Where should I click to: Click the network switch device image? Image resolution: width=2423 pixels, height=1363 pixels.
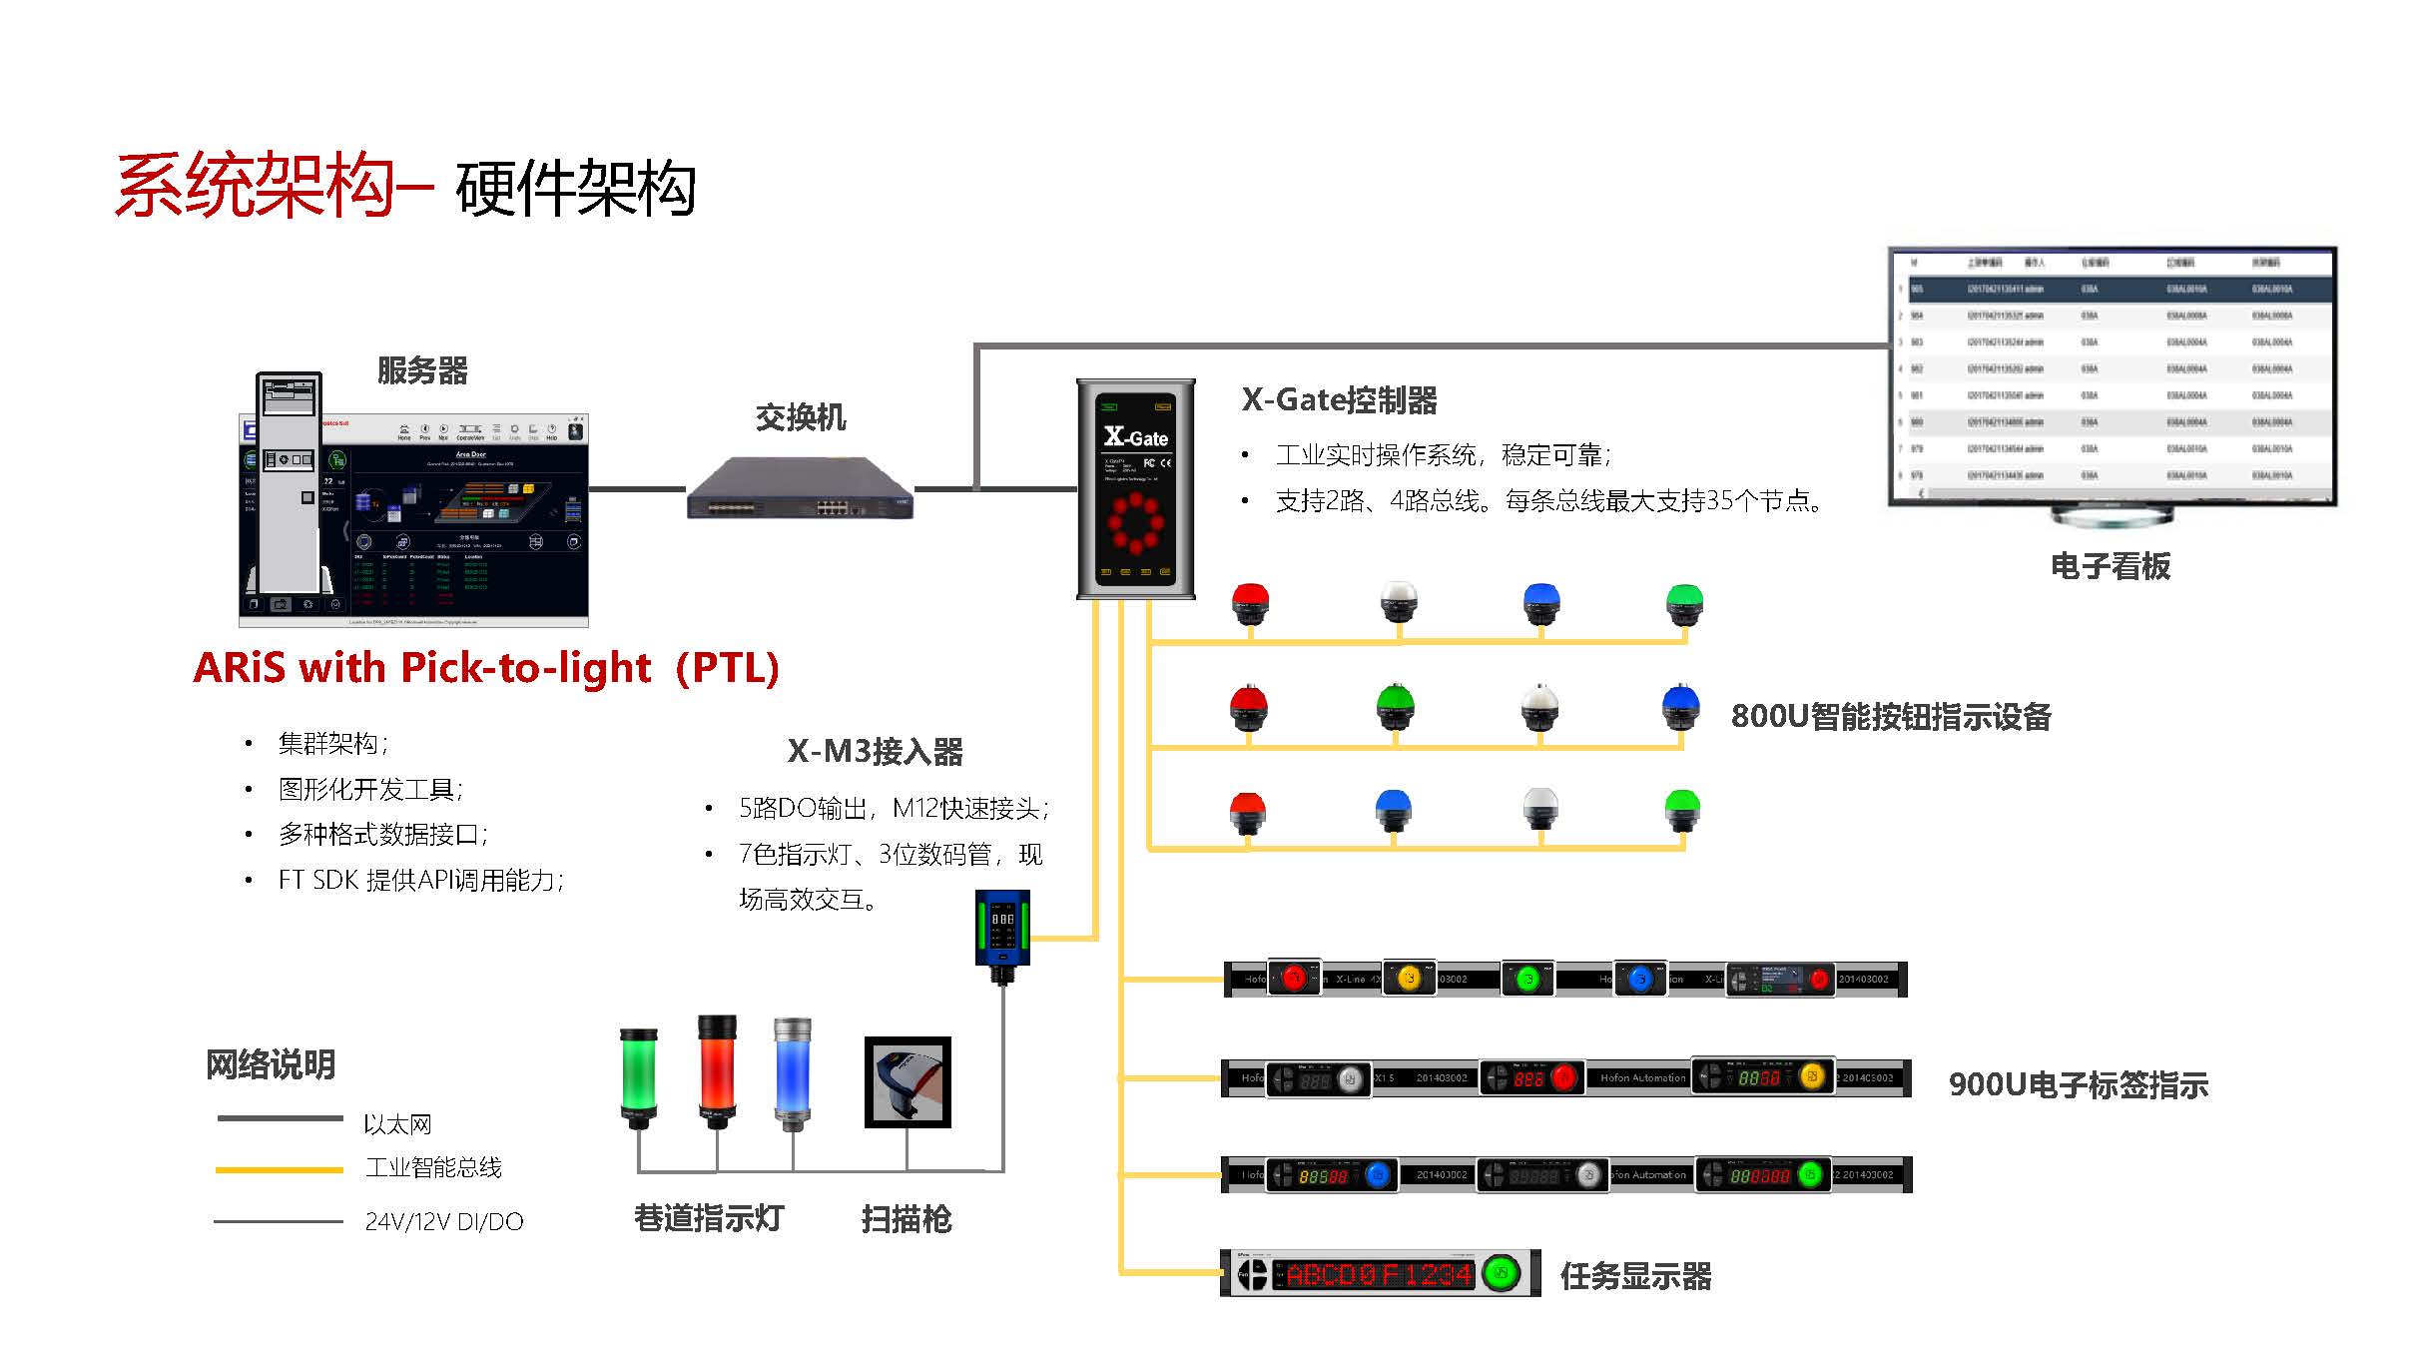800,488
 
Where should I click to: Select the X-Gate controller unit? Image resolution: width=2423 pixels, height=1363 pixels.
1136,488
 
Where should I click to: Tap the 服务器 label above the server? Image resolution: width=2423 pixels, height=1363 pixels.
422,370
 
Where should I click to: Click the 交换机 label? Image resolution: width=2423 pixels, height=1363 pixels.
801,417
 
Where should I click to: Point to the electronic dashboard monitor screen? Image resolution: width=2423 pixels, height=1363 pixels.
2113,375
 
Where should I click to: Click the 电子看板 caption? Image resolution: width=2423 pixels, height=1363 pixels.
2111,566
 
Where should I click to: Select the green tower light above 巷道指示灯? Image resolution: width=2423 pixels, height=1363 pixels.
638,1076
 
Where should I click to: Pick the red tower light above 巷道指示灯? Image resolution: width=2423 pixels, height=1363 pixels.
716,1069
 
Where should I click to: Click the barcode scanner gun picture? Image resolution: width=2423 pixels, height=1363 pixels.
908,1081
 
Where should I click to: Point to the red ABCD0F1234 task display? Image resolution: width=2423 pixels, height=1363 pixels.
1379,1274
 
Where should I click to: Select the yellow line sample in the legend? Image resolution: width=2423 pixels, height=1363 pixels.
280,1169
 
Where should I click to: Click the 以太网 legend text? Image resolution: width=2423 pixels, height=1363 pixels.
397,1124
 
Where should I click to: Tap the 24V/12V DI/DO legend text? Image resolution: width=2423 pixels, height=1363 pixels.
444,1221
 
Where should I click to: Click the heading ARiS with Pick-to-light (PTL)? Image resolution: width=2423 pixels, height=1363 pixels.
486,667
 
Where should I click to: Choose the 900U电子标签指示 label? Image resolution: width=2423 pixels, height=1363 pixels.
2079,1084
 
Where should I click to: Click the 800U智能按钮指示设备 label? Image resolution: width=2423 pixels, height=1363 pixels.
1891,716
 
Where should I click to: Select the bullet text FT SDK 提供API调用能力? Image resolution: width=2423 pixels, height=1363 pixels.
420,880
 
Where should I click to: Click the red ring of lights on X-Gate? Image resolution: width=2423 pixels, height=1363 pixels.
1135,522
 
